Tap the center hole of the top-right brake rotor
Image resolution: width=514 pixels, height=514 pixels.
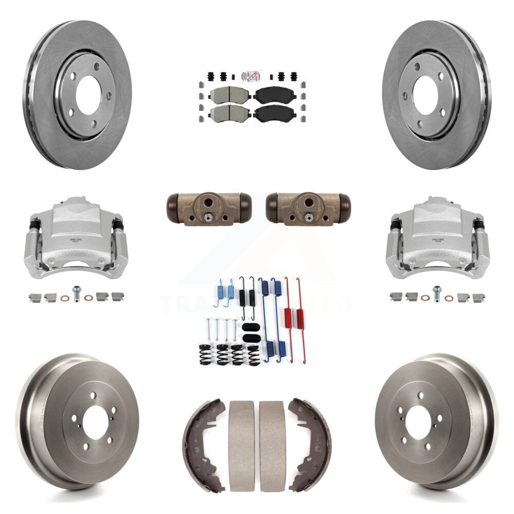coord(425,95)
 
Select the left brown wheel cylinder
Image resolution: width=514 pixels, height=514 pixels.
coord(209,208)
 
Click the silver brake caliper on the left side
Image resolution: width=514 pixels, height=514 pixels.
coord(76,236)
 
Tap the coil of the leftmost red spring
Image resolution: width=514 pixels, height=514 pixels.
coord(288,315)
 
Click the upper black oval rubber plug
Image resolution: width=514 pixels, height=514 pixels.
coord(248,327)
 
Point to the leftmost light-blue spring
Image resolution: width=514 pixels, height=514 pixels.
coord(219,292)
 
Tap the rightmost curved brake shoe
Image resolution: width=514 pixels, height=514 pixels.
coord(310,445)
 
